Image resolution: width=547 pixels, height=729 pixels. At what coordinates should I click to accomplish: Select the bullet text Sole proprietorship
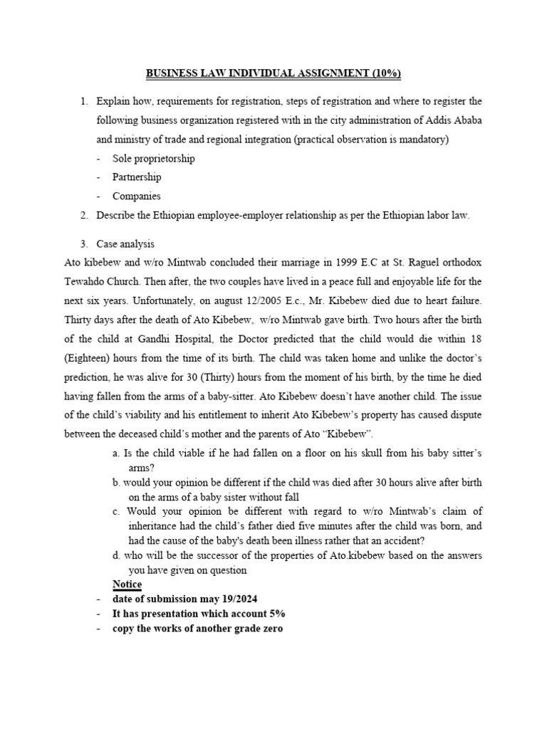(x=153, y=158)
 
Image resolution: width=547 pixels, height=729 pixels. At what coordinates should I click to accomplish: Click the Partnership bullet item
(x=137, y=177)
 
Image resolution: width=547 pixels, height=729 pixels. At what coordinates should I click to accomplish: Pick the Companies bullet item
(x=137, y=196)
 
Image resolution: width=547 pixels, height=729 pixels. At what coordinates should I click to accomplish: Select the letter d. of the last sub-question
(x=116, y=555)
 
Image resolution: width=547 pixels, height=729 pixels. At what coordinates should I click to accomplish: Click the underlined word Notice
(x=127, y=584)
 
